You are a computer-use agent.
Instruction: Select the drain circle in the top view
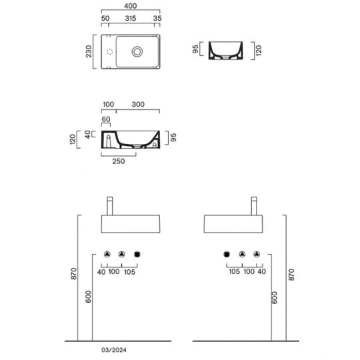pos(137,51)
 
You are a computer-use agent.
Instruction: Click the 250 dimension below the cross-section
pos(119,161)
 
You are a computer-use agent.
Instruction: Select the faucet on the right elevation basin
pos(253,204)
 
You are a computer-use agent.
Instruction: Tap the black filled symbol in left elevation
pos(138,254)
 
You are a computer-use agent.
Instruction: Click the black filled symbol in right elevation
pos(227,254)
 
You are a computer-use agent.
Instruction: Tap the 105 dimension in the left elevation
pos(130,272)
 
